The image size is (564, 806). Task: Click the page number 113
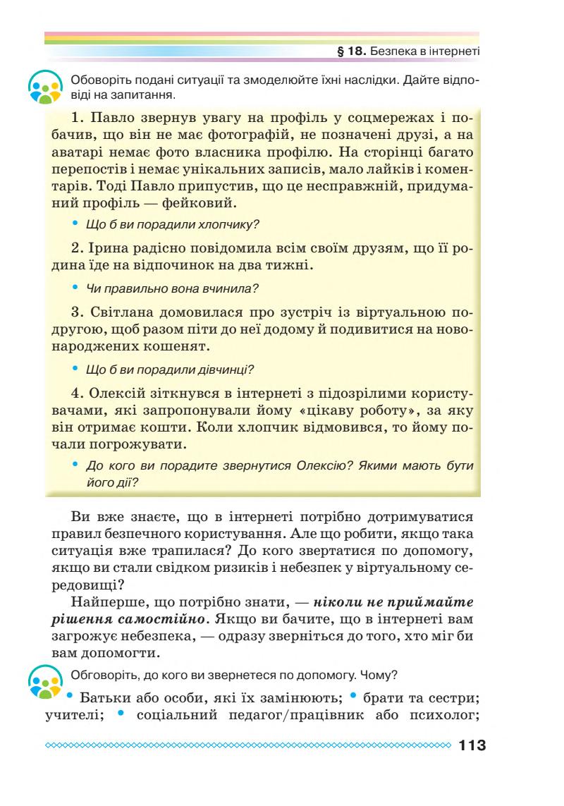(472, 745)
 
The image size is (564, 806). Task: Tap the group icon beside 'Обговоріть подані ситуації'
(44, 87)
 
